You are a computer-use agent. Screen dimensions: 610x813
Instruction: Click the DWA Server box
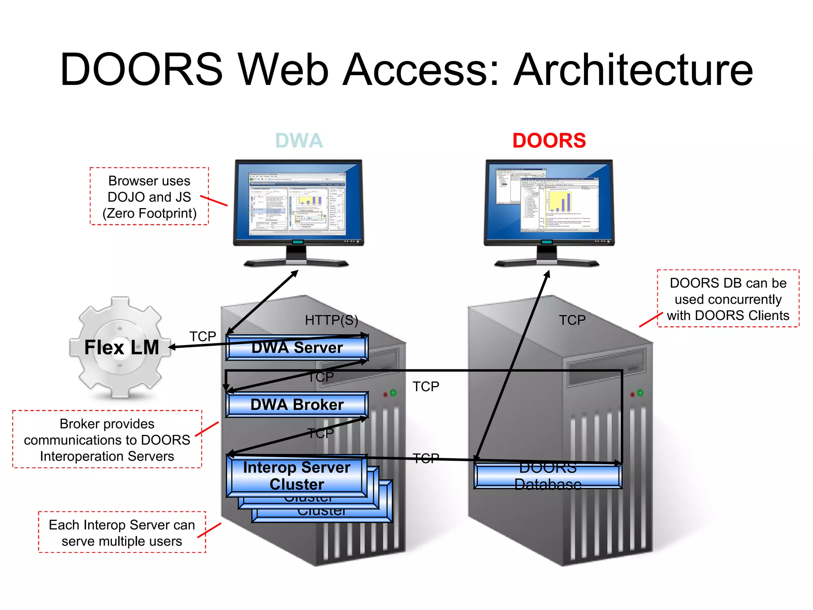click(x=297, y=348)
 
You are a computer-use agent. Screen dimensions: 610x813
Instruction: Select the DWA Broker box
click(x=297, y=405)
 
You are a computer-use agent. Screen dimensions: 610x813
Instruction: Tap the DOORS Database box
click(x=548, y=476)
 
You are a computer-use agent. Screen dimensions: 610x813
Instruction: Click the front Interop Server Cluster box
click(x=297, y=476)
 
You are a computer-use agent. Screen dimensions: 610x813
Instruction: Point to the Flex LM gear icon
click(x=121, y=347)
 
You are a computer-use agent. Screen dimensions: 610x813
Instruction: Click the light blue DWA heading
click(x=299, y=141)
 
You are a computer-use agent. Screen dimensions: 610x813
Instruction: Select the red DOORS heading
click(x=549, y=141)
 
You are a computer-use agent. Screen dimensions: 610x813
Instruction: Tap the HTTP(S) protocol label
click(x=331, y=320)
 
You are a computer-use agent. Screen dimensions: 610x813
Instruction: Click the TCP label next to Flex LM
click(x=202, y=336)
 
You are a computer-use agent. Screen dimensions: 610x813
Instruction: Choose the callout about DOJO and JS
click(x=149, y=197)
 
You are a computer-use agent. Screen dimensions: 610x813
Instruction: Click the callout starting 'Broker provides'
click(x=107, y=440)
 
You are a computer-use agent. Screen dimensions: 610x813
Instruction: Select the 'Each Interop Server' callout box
click(x=122, y=533)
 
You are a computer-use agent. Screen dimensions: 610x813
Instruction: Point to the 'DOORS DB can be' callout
click(x=728, y=299)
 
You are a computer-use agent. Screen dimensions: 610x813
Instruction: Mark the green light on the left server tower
click(x=393, y=393)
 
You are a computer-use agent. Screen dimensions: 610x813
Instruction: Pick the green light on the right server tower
click(x=640, y=393)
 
